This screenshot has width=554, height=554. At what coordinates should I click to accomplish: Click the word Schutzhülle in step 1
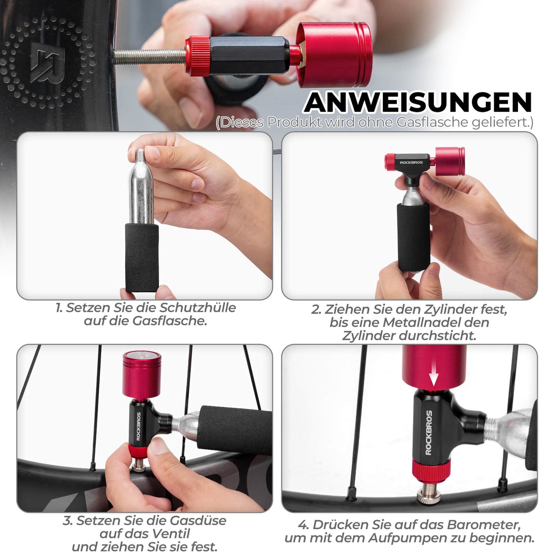[x=197, y=307]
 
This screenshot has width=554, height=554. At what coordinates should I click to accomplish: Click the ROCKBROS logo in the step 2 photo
[x=411, y=163]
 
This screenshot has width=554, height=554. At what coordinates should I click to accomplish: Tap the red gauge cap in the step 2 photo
[x=450, y=161]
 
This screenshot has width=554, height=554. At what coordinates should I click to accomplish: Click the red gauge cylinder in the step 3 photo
[x=141, y=375]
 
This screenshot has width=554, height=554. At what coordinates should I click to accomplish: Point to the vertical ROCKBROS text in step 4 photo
[x=429, y=433]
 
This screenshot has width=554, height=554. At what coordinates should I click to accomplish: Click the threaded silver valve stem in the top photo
[x=150, y=57]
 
